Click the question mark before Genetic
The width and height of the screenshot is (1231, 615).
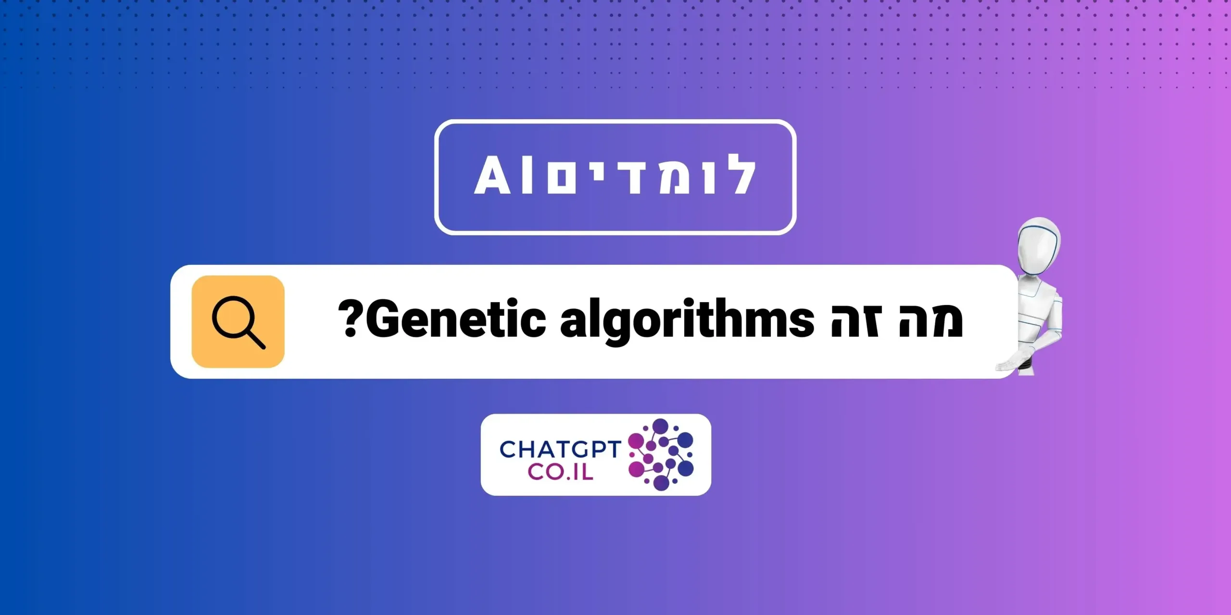click(x=351, y=320)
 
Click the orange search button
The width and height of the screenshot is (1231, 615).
click(x=238, y=321)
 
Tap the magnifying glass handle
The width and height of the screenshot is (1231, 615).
click(x=256, y=339)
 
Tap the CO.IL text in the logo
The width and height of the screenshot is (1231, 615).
click(x=561, y=472)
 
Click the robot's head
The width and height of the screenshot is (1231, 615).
click(x=1039, y=245)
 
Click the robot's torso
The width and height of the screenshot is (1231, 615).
click(x=1043, y=307)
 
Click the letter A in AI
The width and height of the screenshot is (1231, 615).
click(x=492, y=176)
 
